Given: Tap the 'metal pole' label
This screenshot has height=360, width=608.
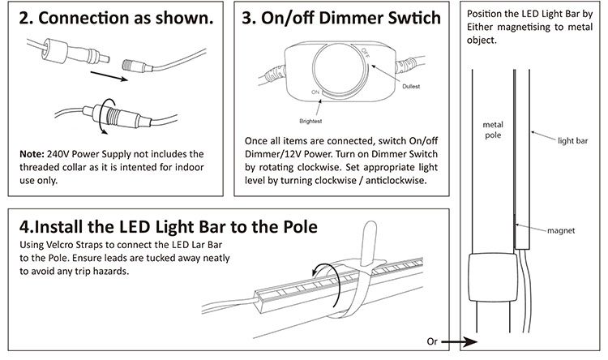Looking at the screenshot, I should pos(493,130).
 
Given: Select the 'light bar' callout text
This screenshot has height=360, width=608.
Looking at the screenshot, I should pos(572,140).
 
